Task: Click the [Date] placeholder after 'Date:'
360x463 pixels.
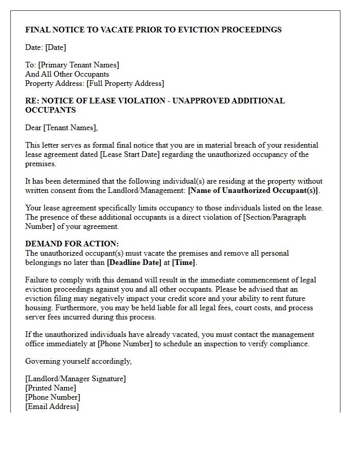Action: tap(56, 47)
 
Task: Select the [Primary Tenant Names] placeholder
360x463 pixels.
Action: tap(79, 65)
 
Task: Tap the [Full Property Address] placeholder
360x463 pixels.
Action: tap(125, 83)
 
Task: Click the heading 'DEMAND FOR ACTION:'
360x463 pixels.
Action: tap(72, 244)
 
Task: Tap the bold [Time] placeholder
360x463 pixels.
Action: tap(184, 262)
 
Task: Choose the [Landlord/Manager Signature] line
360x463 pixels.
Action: tap(76, 379)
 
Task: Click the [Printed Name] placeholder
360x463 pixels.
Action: tap(50, 388)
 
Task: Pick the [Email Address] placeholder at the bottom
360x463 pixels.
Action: tap(52, 406)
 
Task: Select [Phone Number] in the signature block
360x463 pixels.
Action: tap(52, 397)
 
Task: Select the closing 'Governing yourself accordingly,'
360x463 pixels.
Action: tap(78, 361)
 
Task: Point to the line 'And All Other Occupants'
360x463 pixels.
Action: tap(67, 74)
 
